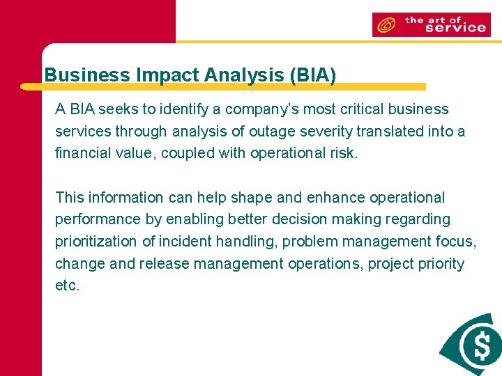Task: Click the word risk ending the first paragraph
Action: [x=344, y=153]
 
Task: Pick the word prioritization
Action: [x=98, y=242]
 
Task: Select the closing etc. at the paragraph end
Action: [x=68, y=286]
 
